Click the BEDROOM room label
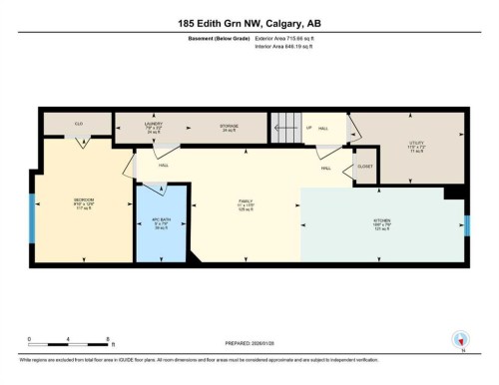[x=84, y=202]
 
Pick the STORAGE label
[x=229, y=128]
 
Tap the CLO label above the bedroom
[x=78, y=125]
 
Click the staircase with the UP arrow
[x=286, y=129]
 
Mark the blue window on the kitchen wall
[x=466, y=225]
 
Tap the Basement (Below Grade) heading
[x=220, y=38]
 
